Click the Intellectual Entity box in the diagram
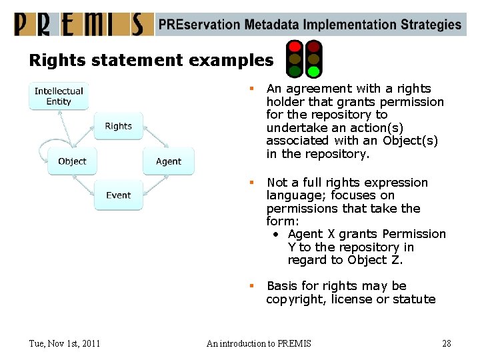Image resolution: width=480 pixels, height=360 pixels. pos(59,96)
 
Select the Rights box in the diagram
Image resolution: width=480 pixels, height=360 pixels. pos(118,126)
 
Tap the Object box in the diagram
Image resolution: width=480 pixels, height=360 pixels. pos(72,161)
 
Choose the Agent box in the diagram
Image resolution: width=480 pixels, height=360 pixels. pos(168,161)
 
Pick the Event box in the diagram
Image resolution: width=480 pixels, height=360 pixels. pos(118,195)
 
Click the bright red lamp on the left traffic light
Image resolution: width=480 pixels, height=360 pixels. pos(294,47)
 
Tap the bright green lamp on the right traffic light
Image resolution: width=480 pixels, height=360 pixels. pos(313,71)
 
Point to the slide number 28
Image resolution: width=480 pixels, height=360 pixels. pos(446,343)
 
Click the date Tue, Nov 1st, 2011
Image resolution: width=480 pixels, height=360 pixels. pos(65,343)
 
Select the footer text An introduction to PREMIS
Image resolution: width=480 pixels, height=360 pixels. pos(259,343)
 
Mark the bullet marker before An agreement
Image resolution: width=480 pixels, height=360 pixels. pos(252,89)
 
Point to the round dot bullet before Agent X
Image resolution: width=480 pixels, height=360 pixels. pos(277,235)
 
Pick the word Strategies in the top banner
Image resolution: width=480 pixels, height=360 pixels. pos(431,25)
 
